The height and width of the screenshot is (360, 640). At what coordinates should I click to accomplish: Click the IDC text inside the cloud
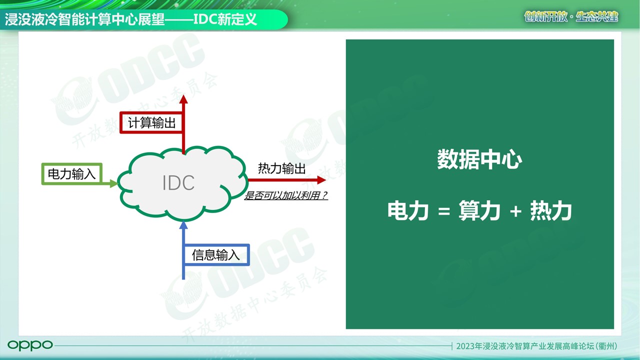(178, 182)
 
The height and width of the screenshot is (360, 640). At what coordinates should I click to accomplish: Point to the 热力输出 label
(281, 168)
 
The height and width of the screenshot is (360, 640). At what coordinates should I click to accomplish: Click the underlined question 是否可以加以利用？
(285, 195)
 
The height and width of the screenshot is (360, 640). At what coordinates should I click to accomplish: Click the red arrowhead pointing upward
(183, 99)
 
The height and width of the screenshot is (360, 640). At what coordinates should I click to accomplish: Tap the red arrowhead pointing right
(321, 180)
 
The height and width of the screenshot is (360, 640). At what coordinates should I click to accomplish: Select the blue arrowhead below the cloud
(183, 225)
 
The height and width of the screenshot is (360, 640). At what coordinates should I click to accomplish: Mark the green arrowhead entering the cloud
(113, 183)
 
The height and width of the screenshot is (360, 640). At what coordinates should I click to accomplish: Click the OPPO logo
(30, 345)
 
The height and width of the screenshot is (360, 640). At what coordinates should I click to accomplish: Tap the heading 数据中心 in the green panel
(479, 159)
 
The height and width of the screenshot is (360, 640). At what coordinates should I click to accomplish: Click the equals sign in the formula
(444, 211)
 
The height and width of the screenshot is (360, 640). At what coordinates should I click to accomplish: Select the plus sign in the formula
(515, 211)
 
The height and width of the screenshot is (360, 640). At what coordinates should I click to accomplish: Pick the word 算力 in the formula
(479, 211)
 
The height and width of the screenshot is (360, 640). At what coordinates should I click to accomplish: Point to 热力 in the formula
(551, 211)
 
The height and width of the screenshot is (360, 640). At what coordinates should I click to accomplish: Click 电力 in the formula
(408, 211)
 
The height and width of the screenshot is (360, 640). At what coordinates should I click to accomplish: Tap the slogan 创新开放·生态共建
(571, 17)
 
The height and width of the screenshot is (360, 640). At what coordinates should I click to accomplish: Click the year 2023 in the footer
(465, 346)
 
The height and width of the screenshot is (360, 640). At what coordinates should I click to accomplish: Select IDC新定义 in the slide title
(225, 19)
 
